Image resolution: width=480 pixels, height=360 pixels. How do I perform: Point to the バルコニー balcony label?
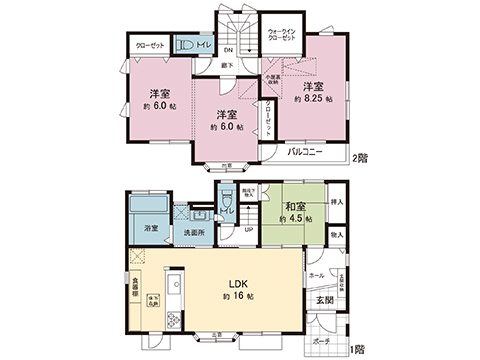click(x=304, y=152)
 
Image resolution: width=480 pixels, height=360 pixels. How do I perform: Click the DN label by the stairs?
click(x=228, y=51)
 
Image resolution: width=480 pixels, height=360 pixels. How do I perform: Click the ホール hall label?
click(x=316, y=273)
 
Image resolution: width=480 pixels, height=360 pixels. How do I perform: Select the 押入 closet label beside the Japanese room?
click(x=337, y=202)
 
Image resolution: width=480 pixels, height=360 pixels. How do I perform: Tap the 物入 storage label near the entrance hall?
click(x=337, y=236)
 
